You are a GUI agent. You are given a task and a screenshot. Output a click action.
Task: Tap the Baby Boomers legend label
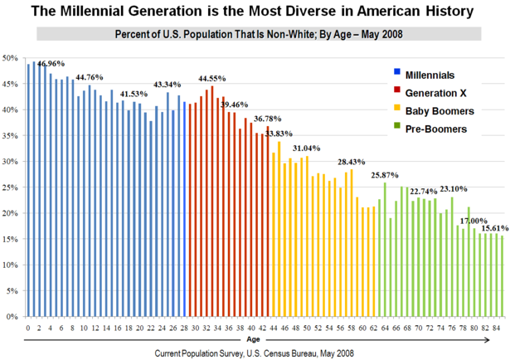pos(439,109)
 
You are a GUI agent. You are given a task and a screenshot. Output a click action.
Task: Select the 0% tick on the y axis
pos(12,317)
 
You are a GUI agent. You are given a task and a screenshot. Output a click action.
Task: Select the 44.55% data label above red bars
pos(212,78)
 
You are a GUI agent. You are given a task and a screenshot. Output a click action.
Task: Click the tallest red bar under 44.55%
pos(212,202)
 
